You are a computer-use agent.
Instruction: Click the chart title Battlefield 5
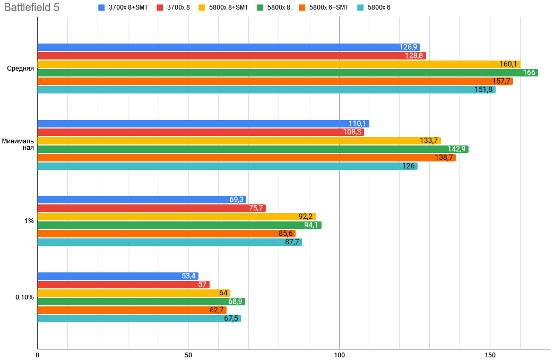[31, 8]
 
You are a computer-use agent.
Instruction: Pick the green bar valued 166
[287, 73]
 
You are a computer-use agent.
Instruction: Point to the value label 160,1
[508, 64]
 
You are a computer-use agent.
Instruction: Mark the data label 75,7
[256, 208]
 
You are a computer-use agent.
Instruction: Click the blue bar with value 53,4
[117, 276]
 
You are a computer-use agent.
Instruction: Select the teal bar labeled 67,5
[138, 319]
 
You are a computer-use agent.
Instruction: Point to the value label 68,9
[235, 302]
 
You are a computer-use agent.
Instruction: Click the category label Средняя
[21, 68]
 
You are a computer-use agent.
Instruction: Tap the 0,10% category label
[24, 297]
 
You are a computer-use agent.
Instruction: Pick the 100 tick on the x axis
[339, 354]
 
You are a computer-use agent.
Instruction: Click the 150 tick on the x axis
[490, 354]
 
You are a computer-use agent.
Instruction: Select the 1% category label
[29, 221]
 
